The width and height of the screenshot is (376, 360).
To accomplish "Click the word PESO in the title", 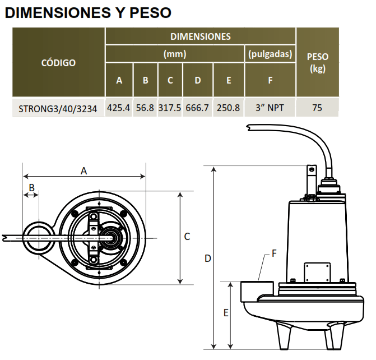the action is click(150, 13).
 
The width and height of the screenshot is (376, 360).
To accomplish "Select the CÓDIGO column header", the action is click(58, 63).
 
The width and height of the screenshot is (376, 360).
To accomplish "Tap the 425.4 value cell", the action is click(118, 108).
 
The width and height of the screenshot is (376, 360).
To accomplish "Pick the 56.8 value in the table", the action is click(145, 108).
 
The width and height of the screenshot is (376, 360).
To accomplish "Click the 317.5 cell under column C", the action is click(170, 108).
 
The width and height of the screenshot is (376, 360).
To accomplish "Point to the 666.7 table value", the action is click(197, 108).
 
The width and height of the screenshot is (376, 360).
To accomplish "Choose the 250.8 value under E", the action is click(228, 108).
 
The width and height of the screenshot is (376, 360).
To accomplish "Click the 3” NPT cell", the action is click(270, 108).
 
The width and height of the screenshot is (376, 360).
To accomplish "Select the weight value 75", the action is click(317, 108).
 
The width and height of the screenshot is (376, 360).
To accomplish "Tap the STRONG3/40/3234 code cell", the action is click(58, 109).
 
